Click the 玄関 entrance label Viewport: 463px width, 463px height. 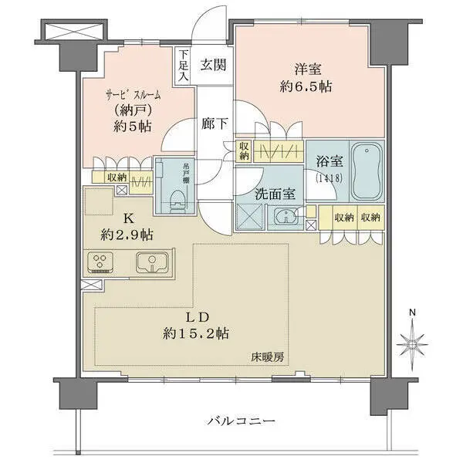[x=213, y=65]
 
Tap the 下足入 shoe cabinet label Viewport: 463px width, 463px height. [x=183, y=66]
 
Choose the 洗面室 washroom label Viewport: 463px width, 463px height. [x=275, y=197]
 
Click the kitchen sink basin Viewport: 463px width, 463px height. [x=153, y=262]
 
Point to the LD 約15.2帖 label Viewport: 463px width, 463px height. [x=194, y=325]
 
